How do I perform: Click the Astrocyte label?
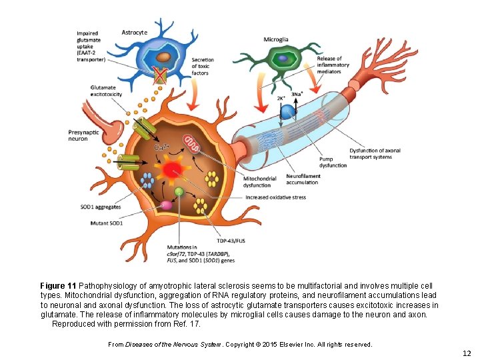(135, 32)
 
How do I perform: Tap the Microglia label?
(276, 40)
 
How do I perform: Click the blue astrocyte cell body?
(160, 53)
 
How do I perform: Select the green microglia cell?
(285, 61)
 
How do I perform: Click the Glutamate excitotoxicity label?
(109, 91)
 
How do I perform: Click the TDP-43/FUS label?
(230, 240)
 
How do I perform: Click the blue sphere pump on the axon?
(287, 113)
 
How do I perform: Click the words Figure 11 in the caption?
(58, 285)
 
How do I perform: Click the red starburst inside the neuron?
(173, 169)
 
